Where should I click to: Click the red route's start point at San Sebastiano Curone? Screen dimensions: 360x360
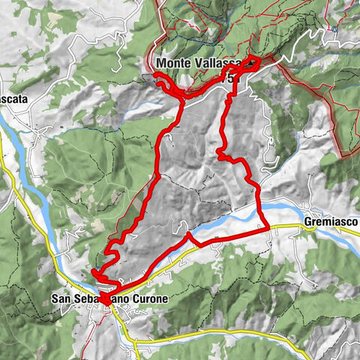click(x=105, y=298)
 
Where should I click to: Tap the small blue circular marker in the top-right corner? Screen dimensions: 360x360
click(x=332, y=29)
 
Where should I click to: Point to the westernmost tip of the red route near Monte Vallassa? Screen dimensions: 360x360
click(x=155, y=78)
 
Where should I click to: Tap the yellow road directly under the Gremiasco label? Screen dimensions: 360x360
click(x=330, y=232)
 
